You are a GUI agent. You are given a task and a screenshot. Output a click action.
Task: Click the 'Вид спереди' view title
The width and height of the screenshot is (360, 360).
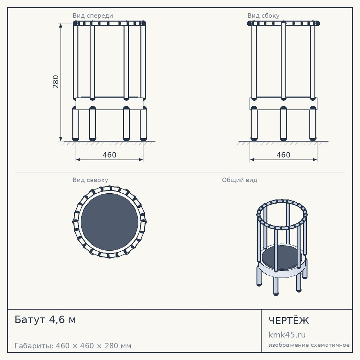click(x=93, y=15)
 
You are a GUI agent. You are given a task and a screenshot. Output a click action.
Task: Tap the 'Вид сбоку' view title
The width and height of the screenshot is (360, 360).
click(x=264, y=15)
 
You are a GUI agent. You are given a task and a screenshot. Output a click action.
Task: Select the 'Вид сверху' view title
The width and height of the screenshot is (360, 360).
click(x=90, y=180)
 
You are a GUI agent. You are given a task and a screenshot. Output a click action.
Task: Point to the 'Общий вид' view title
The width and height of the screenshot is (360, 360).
click(x=239, y=180)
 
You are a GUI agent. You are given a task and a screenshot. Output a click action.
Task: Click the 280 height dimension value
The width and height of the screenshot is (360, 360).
click(x=55, y=82)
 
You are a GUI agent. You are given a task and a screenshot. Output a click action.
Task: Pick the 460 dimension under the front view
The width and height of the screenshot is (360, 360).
click(x=109, y=155)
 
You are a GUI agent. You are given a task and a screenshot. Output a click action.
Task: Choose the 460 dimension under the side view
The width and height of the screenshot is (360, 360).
click(x=283, y=155)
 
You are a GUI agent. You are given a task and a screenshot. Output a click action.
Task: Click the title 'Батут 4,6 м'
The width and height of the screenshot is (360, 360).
click(x=45, y=320)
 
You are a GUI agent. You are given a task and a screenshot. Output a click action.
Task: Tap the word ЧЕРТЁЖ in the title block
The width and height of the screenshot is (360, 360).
click(x=289, y=320)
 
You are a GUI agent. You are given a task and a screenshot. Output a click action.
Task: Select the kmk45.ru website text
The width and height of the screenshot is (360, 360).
click(x=287, y=335)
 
